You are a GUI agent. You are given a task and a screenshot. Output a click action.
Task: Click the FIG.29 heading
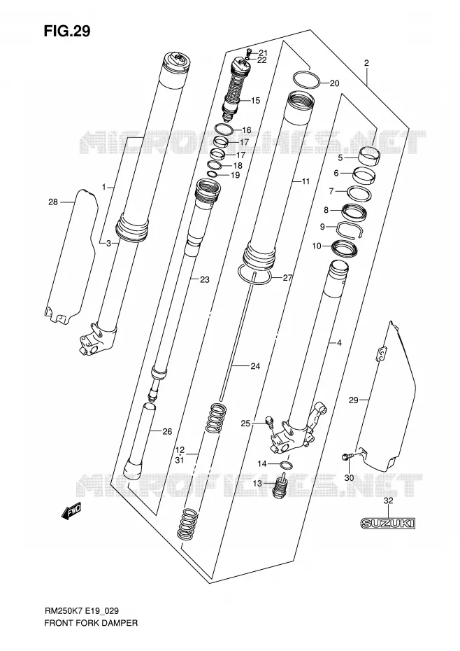(67, 31)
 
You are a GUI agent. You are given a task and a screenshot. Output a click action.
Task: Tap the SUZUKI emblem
(387, 523)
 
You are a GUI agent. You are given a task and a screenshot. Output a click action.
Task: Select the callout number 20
(334, 83)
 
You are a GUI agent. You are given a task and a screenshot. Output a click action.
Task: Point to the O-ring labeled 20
(306, 80)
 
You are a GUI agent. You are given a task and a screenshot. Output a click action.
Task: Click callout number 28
(53, 202)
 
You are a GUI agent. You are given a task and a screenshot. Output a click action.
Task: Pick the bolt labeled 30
(347, 456)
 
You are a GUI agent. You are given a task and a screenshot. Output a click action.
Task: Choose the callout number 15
(255, 101)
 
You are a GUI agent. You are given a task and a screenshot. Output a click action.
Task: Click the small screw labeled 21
(249, 52)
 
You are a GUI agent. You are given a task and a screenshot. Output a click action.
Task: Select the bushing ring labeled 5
(369, 156)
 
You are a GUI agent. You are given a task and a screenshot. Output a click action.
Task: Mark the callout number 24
(255, 366)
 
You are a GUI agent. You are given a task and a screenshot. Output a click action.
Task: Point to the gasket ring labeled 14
(286, 464)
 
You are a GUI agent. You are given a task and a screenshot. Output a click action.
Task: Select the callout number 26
(167, 432)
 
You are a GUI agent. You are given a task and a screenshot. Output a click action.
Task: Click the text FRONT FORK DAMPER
(91, 623)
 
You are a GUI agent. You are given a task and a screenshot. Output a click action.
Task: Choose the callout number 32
(388, 500)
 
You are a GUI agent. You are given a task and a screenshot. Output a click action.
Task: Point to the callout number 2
(366, 63)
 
